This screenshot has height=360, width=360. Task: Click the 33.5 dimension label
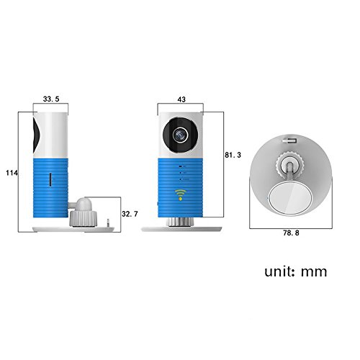coord(51,99)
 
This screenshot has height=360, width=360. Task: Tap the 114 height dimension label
coord(12,173)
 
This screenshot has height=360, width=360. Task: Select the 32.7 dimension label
coord(130,214)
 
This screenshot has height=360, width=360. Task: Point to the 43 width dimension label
coord(181,99)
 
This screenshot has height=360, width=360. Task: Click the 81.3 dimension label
coord(233,155)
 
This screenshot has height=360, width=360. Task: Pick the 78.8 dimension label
coord(291,233)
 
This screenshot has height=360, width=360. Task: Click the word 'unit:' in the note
coord(279,271)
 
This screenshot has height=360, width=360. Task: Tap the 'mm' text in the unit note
coord(314,272)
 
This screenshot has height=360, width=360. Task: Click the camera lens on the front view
coord(181,135)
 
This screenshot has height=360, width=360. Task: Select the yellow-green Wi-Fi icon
coord(181,194)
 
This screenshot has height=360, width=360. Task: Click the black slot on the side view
coord(50,179)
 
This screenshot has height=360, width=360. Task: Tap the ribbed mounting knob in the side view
coord(84,218)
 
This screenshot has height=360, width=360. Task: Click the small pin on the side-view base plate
coord(108,223)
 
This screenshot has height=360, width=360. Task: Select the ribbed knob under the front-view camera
coord(181,222)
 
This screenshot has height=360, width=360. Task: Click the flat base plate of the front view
coord(181,229)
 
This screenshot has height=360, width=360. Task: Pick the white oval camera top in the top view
coord(290,198)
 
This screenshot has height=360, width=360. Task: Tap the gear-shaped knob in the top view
coord(290,165)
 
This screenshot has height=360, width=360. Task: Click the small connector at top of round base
coord(289,140)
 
